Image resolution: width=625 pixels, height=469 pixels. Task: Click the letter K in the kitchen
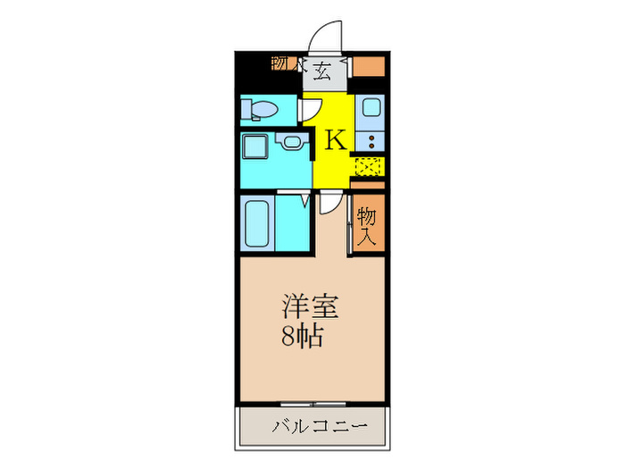click(335, 140)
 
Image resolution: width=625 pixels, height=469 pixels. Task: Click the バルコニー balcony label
click(313, 427)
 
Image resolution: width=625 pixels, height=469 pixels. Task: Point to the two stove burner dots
click(370, 140)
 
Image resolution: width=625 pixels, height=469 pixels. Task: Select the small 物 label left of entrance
click(279, 63)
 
